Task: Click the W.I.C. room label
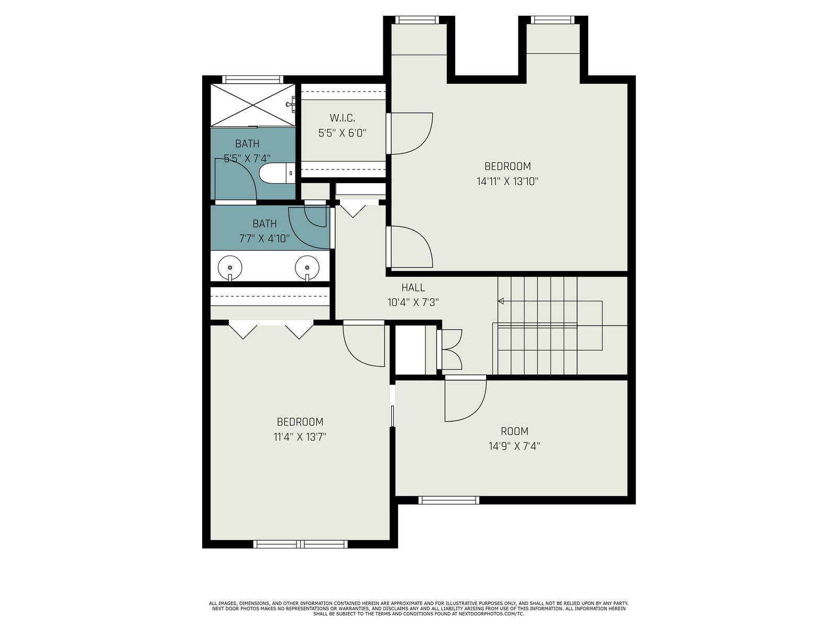coord(342,118)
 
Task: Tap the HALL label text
coord(413,287)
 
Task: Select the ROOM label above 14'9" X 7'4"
coord(515,431)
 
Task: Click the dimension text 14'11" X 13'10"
coord(508,181)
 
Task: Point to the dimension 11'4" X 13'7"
coord(300,436)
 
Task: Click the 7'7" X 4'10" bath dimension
coord(264,238)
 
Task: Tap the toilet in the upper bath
coord(277,173)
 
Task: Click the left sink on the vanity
coord(230,268)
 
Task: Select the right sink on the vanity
coord(307,268)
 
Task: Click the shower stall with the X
coord(253,105)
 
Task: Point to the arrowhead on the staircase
coord(501,301)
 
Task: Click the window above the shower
coord(253,80)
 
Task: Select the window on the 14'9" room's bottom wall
coord(448,500)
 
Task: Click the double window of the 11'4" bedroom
coord(301,544)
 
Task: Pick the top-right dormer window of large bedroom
coord(553,20)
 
